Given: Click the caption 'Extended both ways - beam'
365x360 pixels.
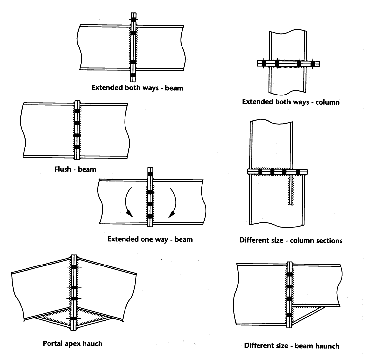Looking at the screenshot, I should tap(137, 88).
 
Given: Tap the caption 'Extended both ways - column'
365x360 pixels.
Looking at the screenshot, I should tap(291, 102).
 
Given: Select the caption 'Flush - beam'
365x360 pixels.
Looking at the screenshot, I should tap(75, 170).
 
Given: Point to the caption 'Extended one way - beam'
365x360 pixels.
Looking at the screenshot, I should tap(150, 239).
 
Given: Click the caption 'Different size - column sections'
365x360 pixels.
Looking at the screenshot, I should tap(291, 241).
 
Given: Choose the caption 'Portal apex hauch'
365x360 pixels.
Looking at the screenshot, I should tap(72, 344).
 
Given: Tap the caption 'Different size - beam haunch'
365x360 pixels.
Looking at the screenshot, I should tap(292, 346).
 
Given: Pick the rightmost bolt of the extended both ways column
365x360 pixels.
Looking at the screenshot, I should tap(312, 63).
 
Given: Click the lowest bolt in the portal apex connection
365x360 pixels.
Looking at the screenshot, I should tap(74, 319).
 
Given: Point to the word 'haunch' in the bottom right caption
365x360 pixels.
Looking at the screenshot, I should tap(327, 346).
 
